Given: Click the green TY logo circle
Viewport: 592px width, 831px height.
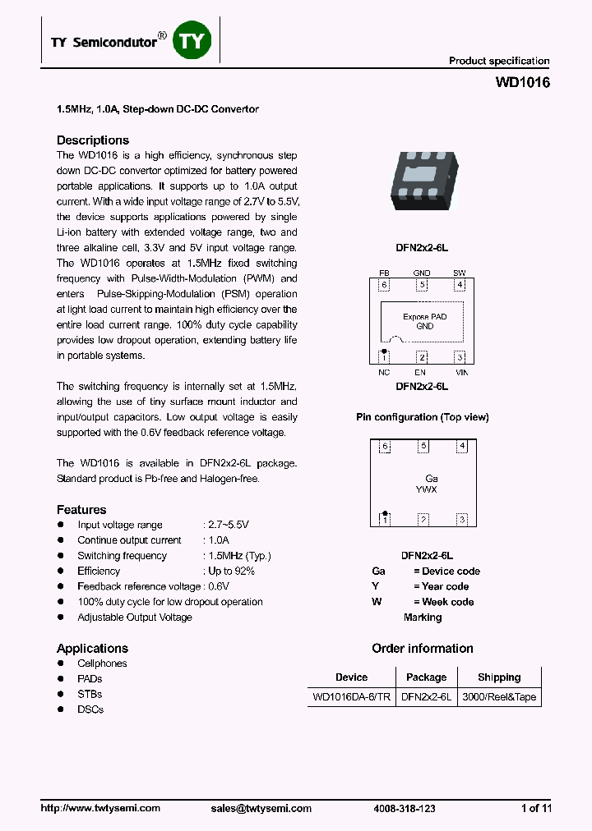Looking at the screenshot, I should click(192, 40).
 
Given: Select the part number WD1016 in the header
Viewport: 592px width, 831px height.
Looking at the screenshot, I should click(523, 83).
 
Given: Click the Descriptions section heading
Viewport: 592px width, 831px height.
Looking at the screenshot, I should click(92, 140).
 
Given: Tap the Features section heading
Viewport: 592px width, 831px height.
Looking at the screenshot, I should click(81, 510).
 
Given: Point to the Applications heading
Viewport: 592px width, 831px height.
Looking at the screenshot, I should click(92, 649).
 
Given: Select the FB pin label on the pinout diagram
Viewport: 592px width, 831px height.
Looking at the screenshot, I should click(383, 273).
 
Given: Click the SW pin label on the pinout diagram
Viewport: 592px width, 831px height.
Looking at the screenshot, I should click(459, 273).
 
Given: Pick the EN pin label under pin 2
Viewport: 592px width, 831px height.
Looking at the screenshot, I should click(420, 372).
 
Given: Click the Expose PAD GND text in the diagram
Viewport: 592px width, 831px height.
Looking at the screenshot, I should click(424, 321).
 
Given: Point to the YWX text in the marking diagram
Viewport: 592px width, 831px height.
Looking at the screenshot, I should click(426, 489).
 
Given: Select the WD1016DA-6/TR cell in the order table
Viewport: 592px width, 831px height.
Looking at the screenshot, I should click(351, 697).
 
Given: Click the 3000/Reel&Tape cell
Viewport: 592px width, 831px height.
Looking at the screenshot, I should click(499, 697).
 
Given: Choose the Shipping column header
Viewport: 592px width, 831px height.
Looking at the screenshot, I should click(499, 677).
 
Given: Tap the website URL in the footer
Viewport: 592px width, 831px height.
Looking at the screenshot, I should click(100, 808).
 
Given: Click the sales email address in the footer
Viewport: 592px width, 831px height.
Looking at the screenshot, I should click(261, 808).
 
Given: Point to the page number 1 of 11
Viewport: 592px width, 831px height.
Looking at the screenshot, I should click(536, 808).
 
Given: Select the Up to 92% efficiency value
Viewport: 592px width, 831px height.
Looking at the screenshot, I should click(231, 572).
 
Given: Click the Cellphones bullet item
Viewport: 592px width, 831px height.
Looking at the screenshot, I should click(102, 663).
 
